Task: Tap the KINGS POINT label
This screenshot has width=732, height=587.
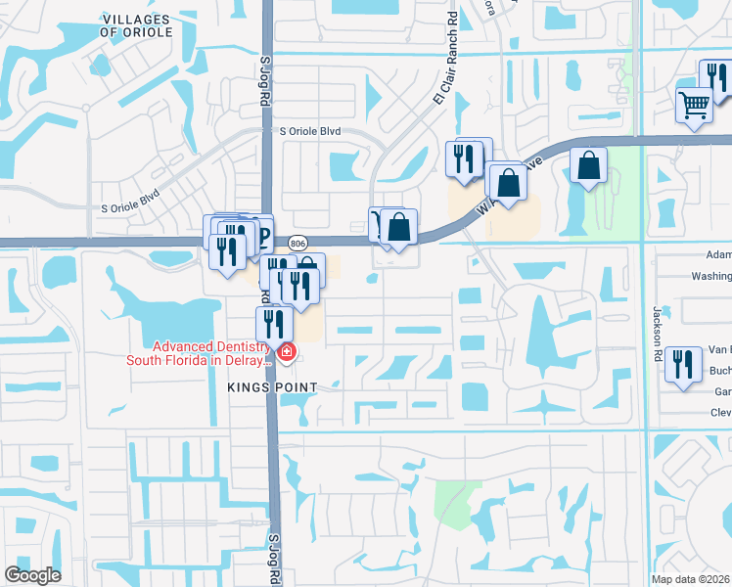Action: [x=273, y=387]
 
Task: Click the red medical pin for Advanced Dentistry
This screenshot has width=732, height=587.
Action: [x=286, y=352]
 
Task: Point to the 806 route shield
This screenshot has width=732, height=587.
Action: [x=298, y=242]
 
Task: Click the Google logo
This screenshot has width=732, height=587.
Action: [x=31, y=574]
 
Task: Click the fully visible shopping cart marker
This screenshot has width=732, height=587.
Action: [x=694, y=105]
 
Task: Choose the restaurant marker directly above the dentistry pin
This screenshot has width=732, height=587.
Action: [x=274, y=323]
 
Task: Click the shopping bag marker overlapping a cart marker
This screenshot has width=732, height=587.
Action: [x=399, y=227]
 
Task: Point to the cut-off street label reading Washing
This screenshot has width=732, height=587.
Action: [x=711, y=276]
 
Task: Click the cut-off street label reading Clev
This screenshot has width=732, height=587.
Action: [x=720, y=413]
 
